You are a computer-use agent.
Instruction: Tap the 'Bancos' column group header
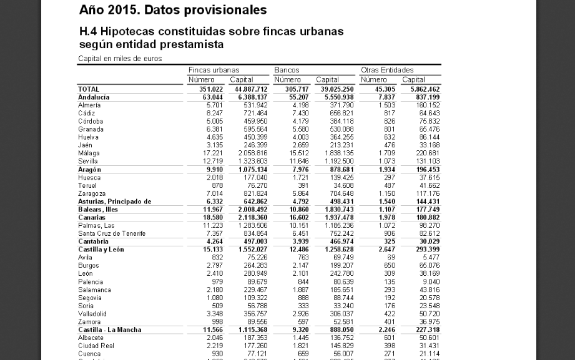[x=287, y=71]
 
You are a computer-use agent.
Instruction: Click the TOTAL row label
[x=89, y=89]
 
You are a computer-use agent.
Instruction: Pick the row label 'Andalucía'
[x=94, y=97]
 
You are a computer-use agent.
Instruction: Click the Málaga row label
[x=89, y=153]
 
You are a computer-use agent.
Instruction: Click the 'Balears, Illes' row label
[x=98, y=210]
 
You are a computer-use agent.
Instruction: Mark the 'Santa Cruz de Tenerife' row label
[x=112, y=233]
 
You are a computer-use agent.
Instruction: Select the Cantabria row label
[x=93, y=241]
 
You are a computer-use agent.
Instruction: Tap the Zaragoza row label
[x=91, y=193]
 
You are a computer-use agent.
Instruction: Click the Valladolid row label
[x=92, y=313]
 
